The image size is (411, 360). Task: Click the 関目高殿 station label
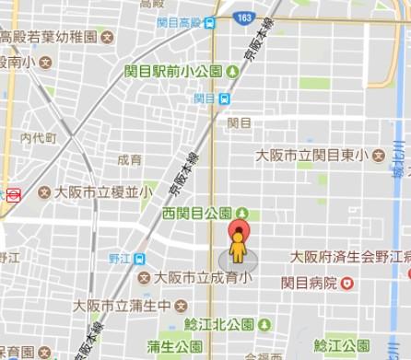pos(180,21)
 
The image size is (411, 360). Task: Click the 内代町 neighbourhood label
pos(38,138)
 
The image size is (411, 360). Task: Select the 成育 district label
pos(129,159)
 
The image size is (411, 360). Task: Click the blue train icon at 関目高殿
pos(211,22)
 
